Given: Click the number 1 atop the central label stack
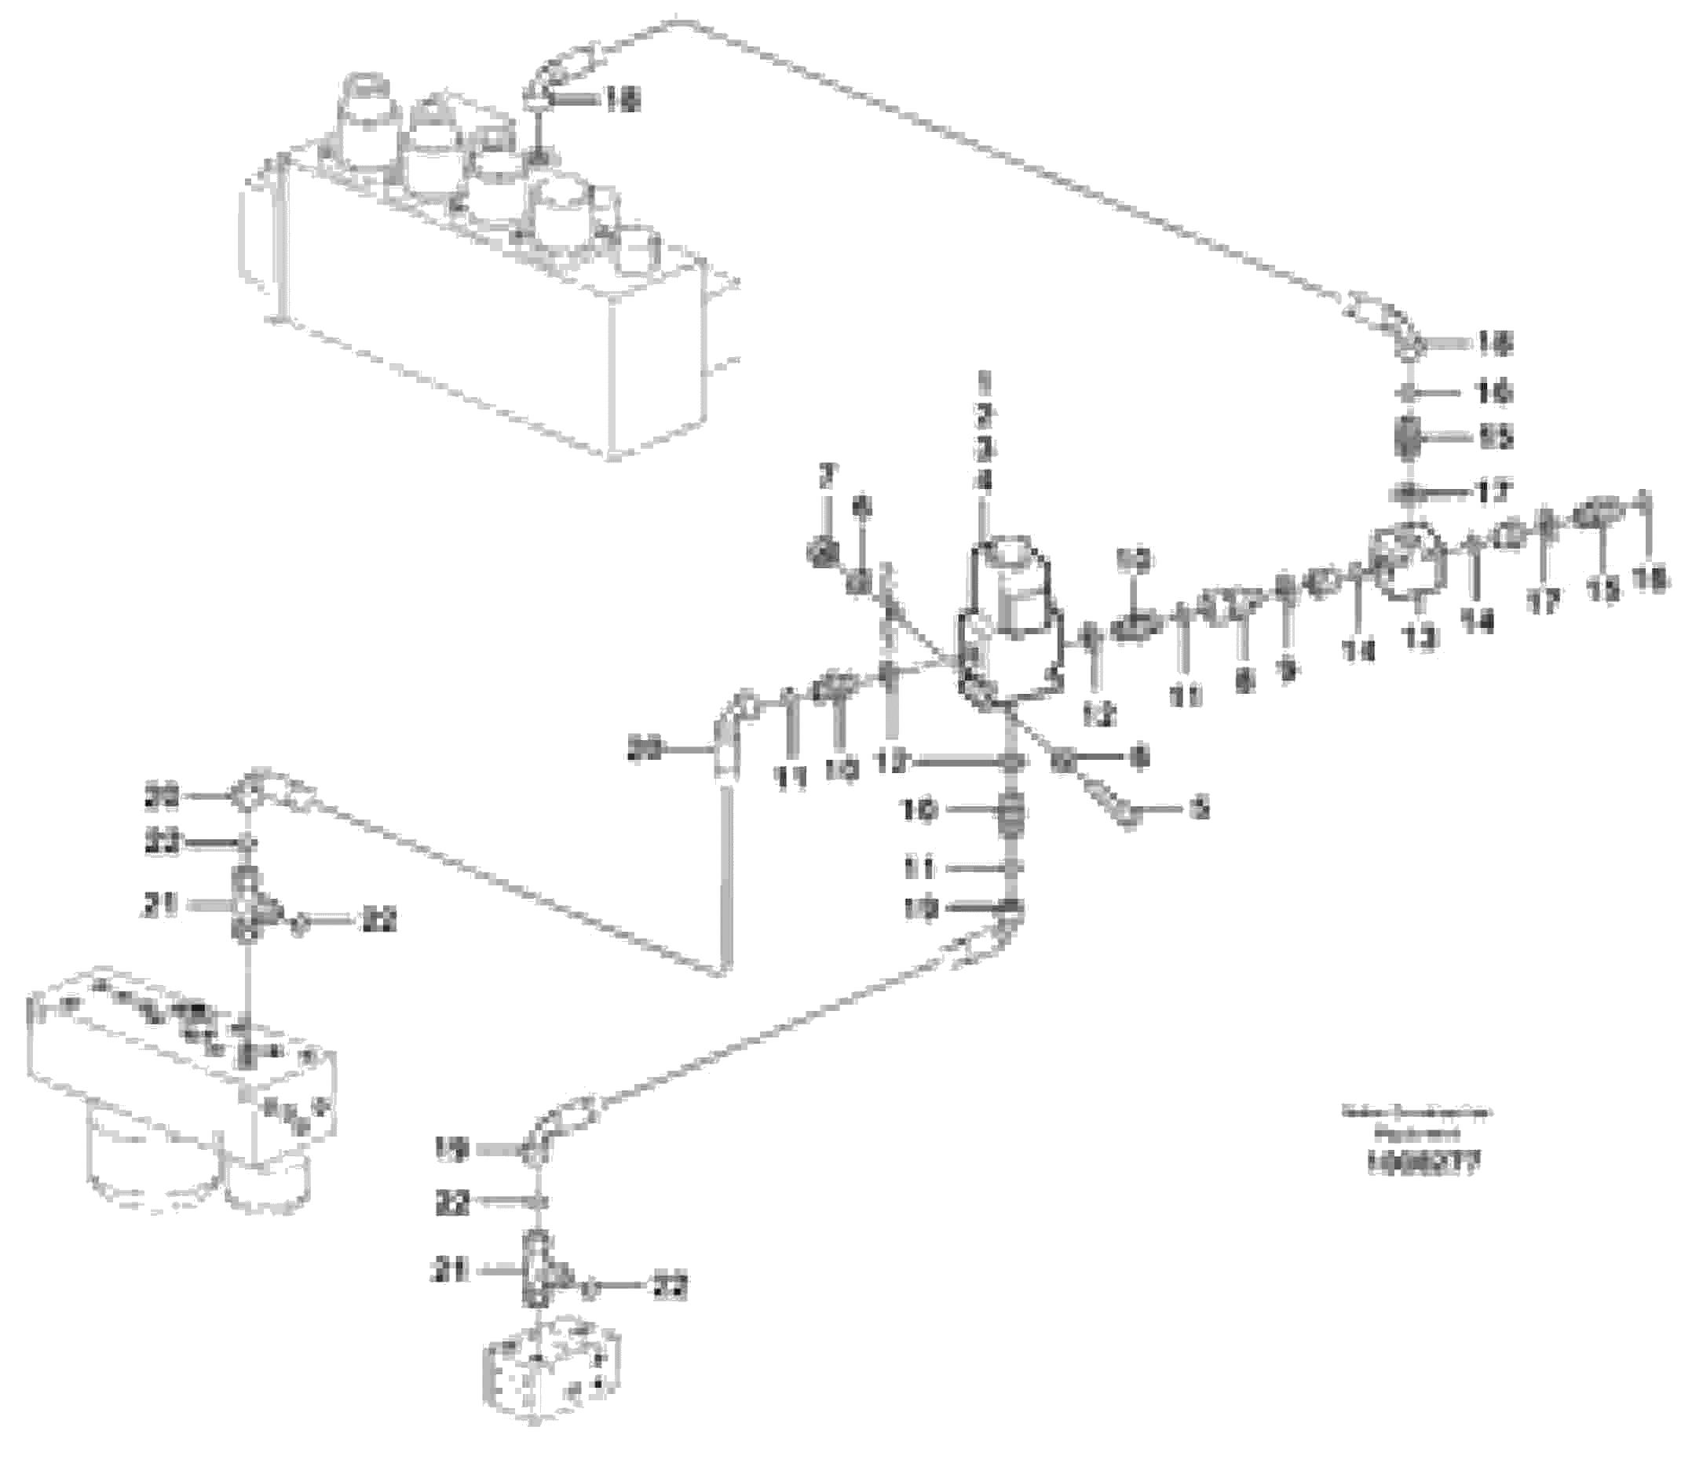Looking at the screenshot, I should (985, 381).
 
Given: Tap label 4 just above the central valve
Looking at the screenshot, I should (985, 482).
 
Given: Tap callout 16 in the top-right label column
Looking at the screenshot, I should (1495, 393).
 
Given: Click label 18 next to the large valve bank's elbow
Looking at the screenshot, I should (623, 100).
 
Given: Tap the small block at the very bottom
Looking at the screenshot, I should (551, 1367).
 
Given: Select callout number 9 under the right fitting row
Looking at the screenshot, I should (1288, 671).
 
